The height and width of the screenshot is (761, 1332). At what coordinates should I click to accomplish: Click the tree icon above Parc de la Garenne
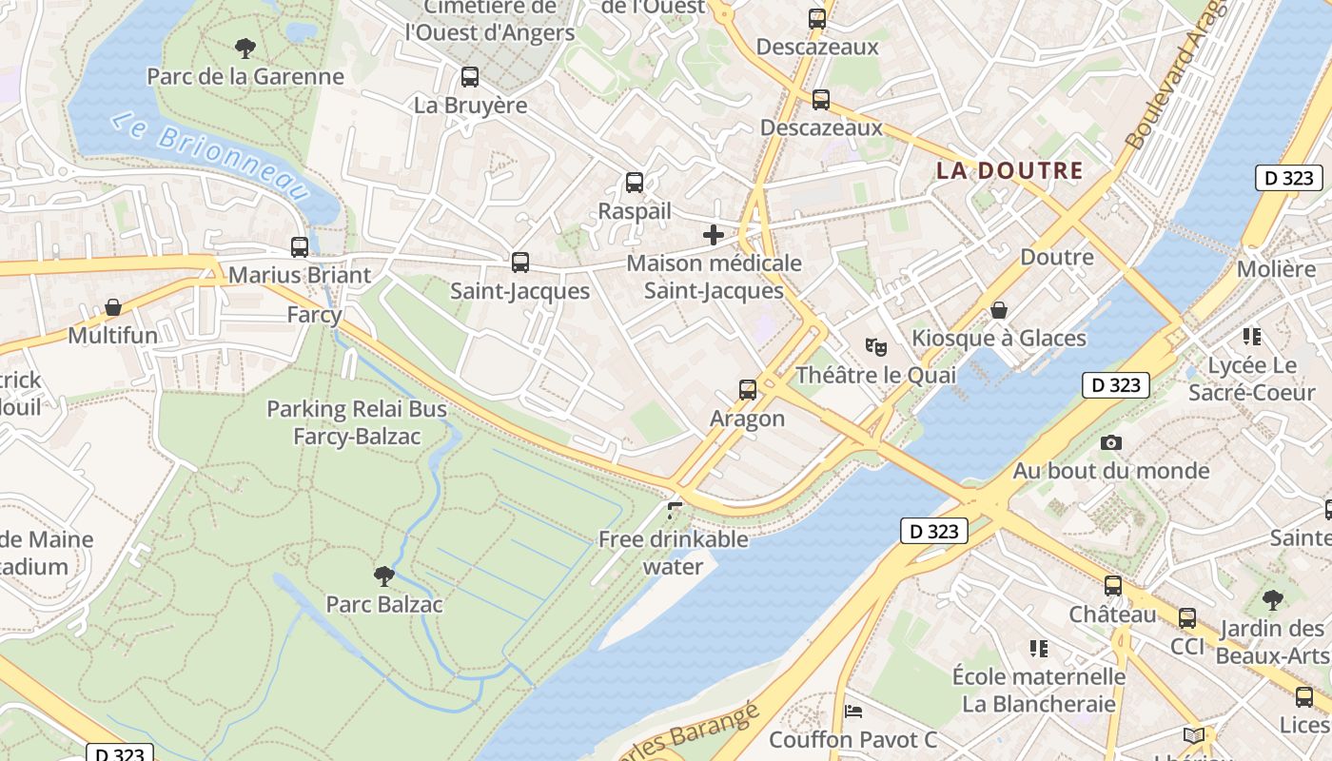[245, 47]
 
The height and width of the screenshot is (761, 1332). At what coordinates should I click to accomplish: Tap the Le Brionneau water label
[211, 157]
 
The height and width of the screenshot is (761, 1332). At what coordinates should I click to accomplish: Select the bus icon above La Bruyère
[470, 77]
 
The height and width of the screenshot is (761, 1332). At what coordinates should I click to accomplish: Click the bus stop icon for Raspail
[635, 183]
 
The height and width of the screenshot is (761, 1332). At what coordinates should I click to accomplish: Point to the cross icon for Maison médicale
[714, 235]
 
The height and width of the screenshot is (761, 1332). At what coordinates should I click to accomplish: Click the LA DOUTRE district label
[1009, 171]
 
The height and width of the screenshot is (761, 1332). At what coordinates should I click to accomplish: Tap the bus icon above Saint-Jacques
[519, 262]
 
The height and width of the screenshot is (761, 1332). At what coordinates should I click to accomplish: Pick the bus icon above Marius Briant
[300, 246]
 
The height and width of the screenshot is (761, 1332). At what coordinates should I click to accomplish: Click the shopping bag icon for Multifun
[113, 307]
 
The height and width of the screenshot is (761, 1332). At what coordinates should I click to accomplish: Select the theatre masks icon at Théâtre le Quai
[875, 346]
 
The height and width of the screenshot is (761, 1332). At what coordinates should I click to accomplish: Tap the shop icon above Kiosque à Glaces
[999, 310]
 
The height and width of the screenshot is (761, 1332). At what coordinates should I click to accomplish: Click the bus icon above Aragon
[748, 389]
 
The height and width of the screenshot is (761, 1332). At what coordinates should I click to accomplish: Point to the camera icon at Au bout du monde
[1110, 442]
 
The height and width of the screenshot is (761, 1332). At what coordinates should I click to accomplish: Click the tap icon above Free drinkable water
[675, 511]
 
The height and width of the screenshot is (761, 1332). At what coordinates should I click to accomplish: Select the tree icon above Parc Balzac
[383, 576]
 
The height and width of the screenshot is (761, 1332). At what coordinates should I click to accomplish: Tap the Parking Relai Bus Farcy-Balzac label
[357, 423]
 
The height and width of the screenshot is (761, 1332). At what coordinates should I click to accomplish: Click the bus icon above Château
[1112, 586]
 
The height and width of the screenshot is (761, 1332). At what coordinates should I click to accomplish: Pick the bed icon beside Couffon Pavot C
[853, 711]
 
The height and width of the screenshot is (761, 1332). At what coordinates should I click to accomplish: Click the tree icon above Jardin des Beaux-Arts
[1272, 600]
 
